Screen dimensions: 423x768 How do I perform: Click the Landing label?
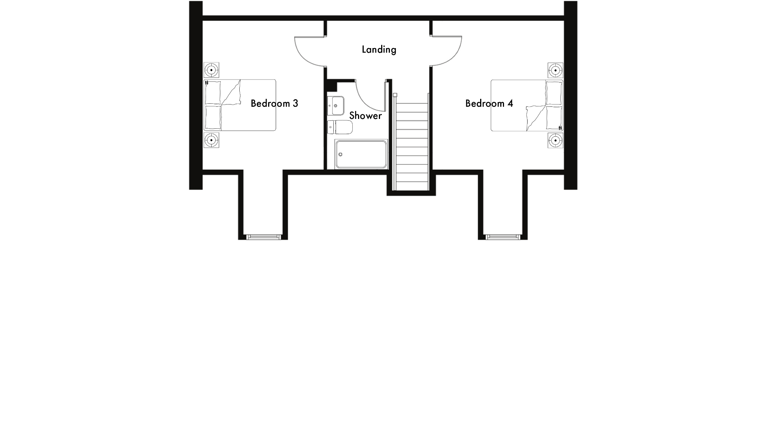click(379, 50)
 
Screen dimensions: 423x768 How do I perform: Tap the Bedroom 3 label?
click(274, 103)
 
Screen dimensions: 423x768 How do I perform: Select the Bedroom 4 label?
click(489, 103)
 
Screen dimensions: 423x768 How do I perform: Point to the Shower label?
click(365, 116)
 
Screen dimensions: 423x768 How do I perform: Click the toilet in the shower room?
click(340, 127)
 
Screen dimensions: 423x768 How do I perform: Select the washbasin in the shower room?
click(336, 106)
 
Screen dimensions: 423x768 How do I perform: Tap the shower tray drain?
click(340, 155)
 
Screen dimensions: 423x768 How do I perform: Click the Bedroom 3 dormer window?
click(263, 237)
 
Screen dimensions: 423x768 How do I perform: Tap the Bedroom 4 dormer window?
click(503, 237)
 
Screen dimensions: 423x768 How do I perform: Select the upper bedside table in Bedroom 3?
click(211, 70)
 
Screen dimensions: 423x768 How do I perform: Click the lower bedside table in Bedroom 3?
click(211, 140)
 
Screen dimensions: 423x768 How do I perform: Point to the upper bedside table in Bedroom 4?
click(555, 70)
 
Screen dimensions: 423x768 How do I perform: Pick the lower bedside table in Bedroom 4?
click(555, 140)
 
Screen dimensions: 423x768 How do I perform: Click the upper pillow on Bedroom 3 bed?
click(213, 93)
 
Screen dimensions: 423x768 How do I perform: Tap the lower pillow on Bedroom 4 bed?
click(554, 118)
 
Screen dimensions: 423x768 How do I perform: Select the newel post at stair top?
click(395, 95)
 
